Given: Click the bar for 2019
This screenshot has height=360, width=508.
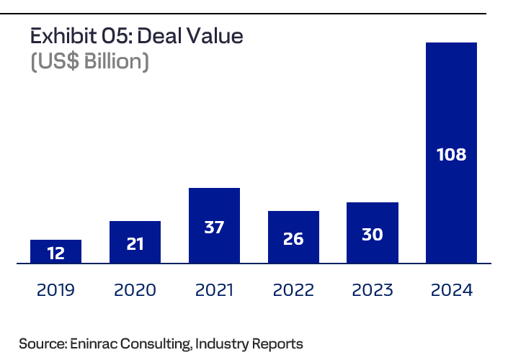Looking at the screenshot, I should click(55, 251).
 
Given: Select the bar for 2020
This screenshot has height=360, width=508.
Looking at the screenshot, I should click(135, 242).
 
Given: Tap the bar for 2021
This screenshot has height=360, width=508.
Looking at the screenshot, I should click(214, 225).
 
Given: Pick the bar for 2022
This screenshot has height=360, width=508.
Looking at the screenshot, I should click(293, 237).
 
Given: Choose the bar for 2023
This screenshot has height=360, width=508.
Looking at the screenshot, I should click(373, 233).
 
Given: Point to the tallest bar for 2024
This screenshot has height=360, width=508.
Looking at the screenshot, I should click(452, 153).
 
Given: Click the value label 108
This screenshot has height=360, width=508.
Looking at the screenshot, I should click(452, 154).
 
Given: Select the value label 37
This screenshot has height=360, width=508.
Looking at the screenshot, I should click(214, 228).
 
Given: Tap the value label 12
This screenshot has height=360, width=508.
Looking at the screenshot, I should click(55, 253).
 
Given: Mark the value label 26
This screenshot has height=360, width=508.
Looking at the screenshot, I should click(293, 239).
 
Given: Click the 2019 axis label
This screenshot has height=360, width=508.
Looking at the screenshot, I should click(55, 290).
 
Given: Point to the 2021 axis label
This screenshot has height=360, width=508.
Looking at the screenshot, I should click(214, 290).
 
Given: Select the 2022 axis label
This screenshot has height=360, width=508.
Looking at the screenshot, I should click(293, 290).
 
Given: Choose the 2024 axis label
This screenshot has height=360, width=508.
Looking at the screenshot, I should click(452, 290).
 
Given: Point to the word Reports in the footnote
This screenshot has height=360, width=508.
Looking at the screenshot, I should click(278, 343).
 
